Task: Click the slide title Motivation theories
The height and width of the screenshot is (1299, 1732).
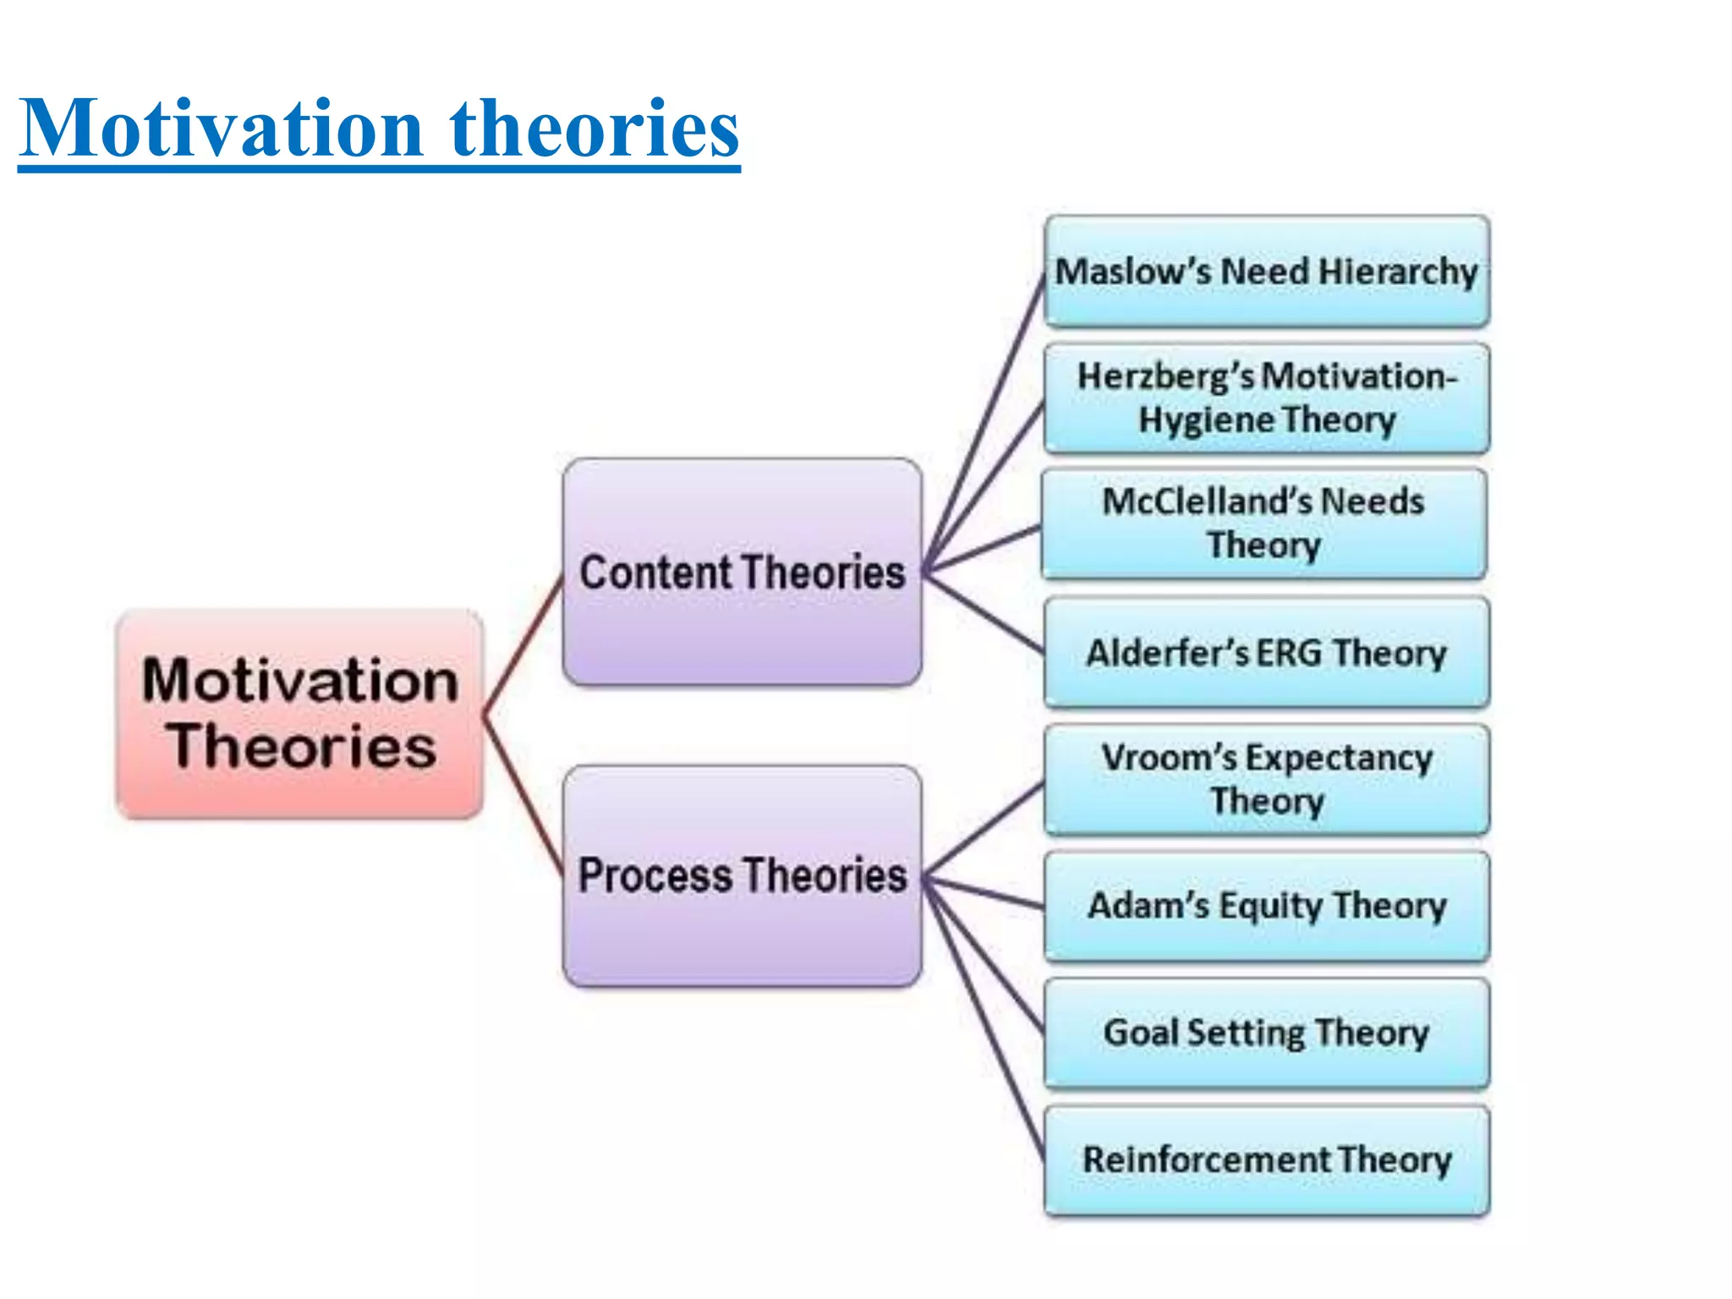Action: (x=379, y=129)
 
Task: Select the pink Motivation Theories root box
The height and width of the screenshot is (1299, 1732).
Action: (x=300, y=714)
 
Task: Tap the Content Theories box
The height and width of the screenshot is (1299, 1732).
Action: (x=742, y=572)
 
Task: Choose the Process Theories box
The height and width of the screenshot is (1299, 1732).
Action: (x=742, y=875)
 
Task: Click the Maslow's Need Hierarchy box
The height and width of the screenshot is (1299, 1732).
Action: (x=1266, y=271)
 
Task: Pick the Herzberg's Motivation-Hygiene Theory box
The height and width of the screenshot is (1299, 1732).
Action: (x=1266, y=397)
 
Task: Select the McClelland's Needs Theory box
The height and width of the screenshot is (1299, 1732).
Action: (x=1263, y=523)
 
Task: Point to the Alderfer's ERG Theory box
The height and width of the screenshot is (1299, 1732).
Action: (x=1266, y=652)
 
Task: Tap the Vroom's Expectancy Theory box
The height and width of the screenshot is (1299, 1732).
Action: (x=1266, y=779)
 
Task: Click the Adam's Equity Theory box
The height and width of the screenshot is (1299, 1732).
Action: (x=1266, y=906)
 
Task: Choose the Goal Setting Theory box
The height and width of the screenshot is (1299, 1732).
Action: (x=1266, y=1033)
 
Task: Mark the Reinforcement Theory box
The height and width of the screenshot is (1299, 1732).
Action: (x=1266, y=1159)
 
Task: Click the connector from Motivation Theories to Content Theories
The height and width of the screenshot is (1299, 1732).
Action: (x=523, y=647)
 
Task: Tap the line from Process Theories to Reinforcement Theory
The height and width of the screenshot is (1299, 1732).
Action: (x=986, y=1023)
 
